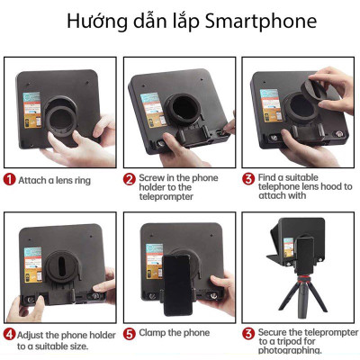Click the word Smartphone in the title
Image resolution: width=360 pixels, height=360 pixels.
tap(262, 22)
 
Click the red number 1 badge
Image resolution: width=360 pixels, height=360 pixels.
tap(11, 179)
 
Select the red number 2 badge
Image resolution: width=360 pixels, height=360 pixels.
tap(130, 179)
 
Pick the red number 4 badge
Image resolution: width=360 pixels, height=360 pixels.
tap(10, 334)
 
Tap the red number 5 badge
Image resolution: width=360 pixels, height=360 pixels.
tap(130, 333)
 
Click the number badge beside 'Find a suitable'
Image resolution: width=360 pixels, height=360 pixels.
tap(248, 179)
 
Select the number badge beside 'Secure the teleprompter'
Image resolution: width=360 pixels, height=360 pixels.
tap(248, 334)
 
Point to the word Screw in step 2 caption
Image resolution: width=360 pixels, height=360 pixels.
tap(153, 179)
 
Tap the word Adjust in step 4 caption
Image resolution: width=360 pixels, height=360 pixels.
tap(33, 334)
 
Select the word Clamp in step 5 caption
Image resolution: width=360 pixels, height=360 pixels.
tap(154, 333)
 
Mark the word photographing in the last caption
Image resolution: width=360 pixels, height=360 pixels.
tap(290, 351)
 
